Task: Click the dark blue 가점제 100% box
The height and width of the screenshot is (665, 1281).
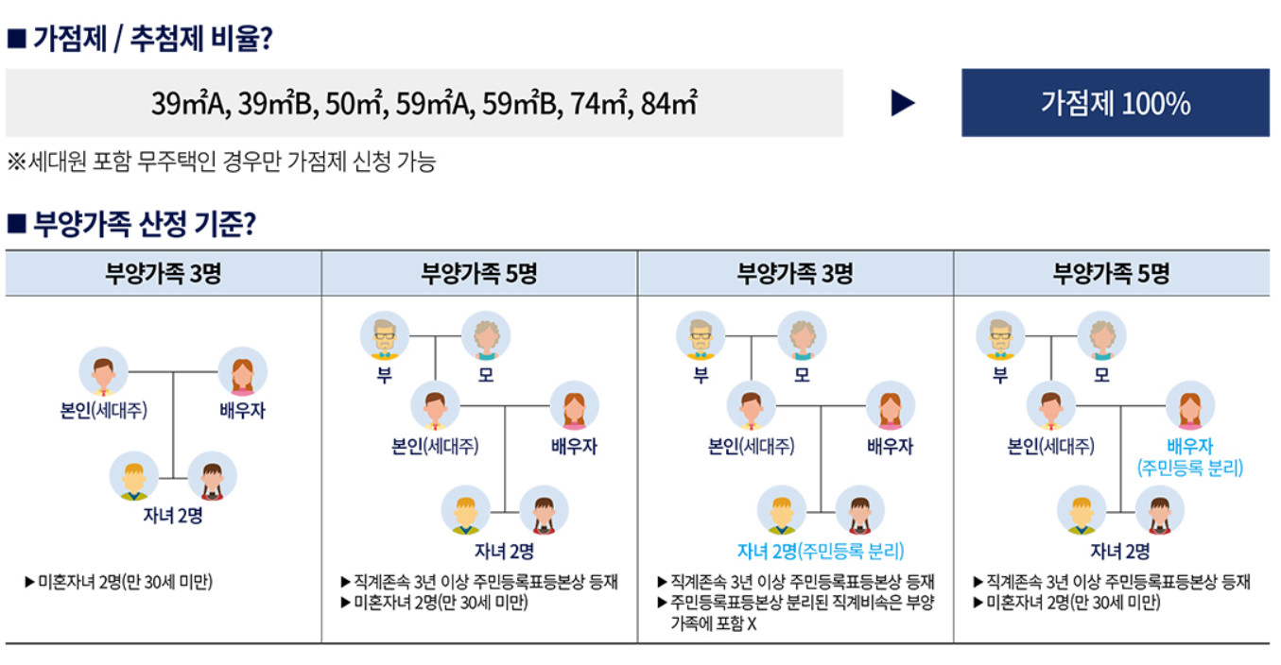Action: point(1115,103)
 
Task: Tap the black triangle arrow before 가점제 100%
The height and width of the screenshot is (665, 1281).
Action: point(903,103)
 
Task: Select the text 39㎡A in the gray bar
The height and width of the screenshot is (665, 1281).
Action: point(187,103)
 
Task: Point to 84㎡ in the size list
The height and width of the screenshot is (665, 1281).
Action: point(668,103)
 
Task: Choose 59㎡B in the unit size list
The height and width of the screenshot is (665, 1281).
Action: point(520,103)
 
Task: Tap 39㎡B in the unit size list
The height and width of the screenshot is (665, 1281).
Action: point(274,103)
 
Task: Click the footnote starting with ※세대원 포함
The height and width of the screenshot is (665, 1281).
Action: point(221,162)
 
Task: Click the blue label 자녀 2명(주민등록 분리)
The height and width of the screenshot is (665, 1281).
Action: point(820,552)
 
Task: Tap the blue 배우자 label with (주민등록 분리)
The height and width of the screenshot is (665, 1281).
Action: point(1189,456)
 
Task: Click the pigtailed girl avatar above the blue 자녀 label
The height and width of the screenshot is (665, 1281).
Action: point(860,510)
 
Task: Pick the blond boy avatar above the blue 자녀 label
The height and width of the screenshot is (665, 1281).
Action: point(782,510)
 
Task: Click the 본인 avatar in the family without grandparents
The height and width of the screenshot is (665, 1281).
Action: point(103,371)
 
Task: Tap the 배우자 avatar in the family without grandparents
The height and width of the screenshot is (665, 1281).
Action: point(242,371)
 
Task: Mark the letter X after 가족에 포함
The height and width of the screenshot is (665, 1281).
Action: point(752,624)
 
